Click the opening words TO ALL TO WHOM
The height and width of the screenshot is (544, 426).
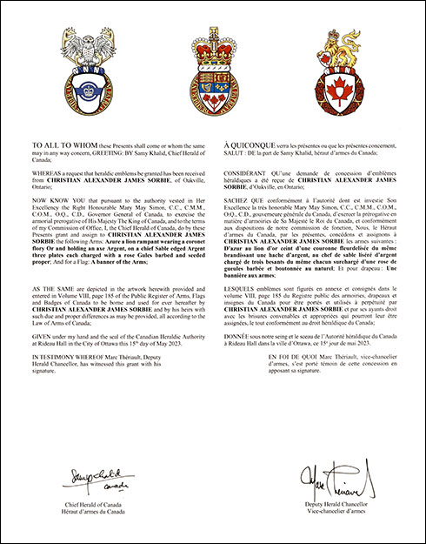(56, 140)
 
